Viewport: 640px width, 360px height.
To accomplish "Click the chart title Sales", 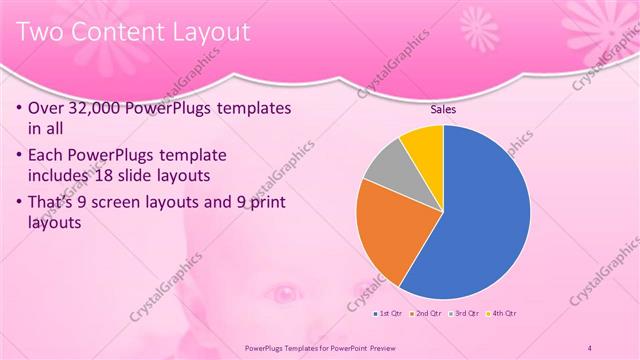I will pyautogui.click(x=444, y=109).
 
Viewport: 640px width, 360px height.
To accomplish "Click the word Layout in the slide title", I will pyautogui.click(x=207, y=32).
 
